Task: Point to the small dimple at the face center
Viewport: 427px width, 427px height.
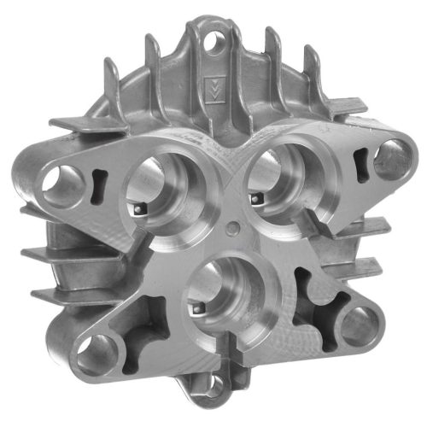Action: click(234, 228)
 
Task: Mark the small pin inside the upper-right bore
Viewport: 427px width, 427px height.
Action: click(254, 198)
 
